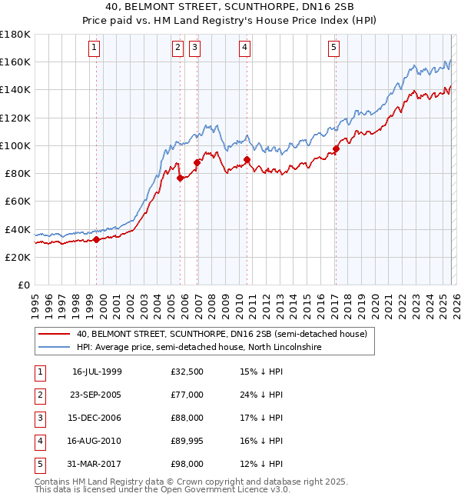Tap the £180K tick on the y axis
[15, 35]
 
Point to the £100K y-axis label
[15, 145]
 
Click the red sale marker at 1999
[97, 239]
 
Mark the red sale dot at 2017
[336, 148]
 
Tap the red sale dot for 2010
[247, 160]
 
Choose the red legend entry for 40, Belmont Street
[222, 334]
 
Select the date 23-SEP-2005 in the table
[96, 394]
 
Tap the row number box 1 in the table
[38, 372]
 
